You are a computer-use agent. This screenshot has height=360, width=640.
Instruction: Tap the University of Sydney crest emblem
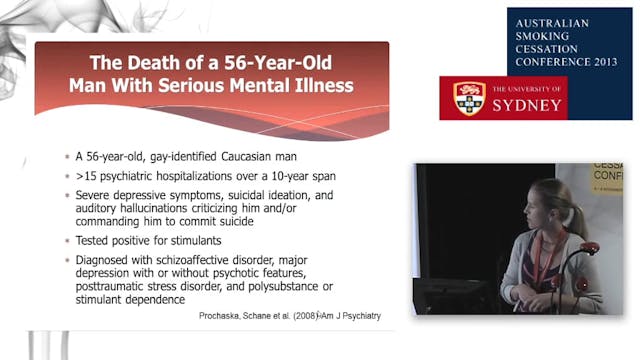470,98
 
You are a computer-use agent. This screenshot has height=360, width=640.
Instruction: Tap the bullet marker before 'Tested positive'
66,241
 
